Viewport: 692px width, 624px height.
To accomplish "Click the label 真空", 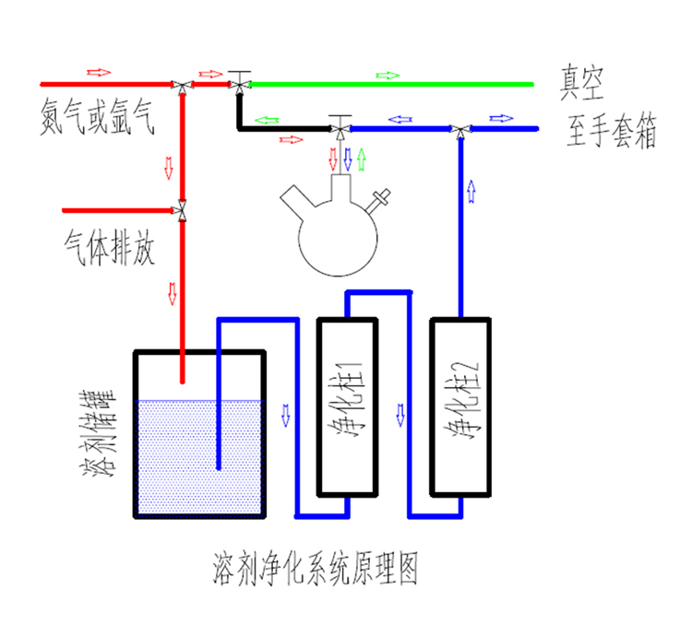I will pyautogui.click(x=581, y=85).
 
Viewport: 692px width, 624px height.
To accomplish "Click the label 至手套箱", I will pyautogui.click(x=612, y=134).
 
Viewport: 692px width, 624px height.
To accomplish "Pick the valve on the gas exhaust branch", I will pyautogui.click(x=183, y=211).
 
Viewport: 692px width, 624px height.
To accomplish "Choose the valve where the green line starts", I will pyautogui.click(x=241, y=83).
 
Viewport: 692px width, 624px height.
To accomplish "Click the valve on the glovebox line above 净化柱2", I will pyautogui.click(x=459, y=129).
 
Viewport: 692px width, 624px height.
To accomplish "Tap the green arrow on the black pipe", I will pyautogui.click(x=267, y=120).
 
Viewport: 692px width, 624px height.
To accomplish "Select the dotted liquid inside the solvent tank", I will pyautogui.click(x=198, y=461).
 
